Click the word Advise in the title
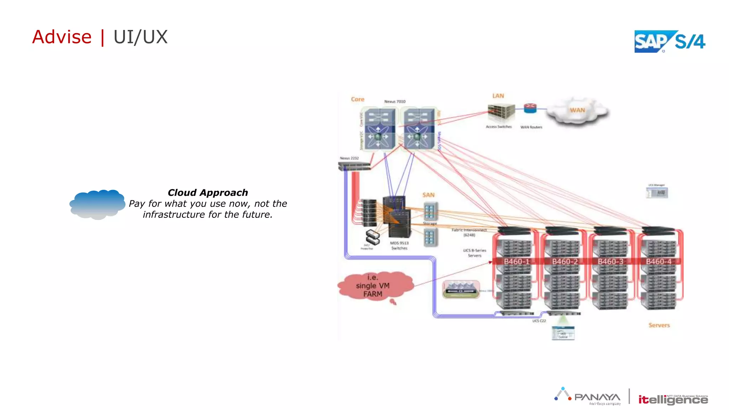[62, 37]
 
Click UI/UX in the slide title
[140, 37]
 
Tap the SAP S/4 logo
[669, 42]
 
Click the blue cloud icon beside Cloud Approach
[97, 204]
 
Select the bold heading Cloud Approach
[208, 193]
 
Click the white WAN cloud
[577, 111]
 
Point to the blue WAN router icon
[530, 108]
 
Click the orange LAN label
[498, 96]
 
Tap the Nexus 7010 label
[395, 101]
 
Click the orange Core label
[357, 99]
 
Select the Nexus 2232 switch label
[349, 158]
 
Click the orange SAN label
[428, 195]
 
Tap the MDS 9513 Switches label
[399, 246]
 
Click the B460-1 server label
[516, 262]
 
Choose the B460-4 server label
[659, 262]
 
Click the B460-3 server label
[610, 262]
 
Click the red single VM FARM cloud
[374, 286]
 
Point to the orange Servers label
[659, 325]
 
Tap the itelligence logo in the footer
[672, 399]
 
